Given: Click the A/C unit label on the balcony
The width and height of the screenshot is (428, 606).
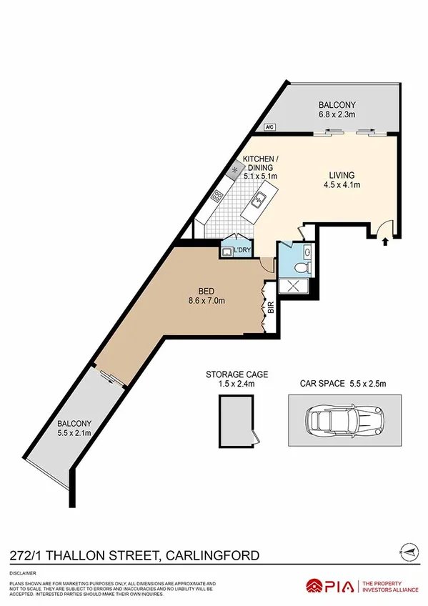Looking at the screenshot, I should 269,128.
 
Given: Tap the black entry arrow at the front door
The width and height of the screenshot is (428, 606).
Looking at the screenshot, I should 387,242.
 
